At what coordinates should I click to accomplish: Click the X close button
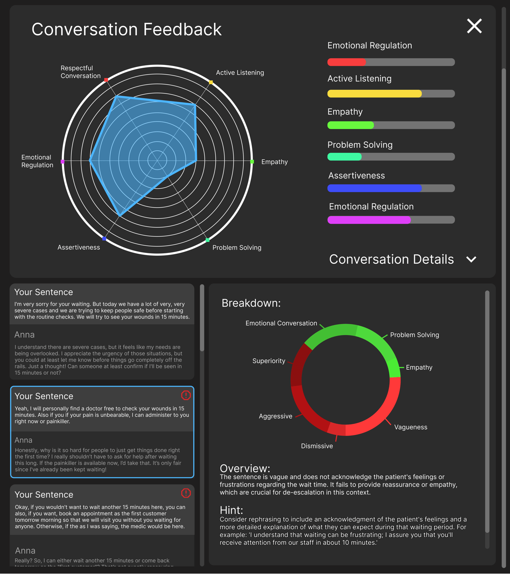(474, 26)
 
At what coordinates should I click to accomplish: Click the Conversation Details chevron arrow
(472, 259)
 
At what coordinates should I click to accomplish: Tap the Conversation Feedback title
(126, 29)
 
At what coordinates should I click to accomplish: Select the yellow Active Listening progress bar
(391, 94)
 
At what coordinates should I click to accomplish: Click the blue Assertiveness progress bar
(391, 188)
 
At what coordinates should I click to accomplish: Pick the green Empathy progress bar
(391, 125)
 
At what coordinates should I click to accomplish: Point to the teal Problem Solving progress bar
(391, 157)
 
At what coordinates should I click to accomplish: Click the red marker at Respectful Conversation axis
(106, 80)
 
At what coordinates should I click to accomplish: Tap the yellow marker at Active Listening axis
(211, 82)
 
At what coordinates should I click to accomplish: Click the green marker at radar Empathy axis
(252, 162)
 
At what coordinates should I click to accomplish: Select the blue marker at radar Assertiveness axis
(104, 239)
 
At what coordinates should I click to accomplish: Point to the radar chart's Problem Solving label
(237, 248)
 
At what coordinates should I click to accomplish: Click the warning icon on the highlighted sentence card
(186, 395)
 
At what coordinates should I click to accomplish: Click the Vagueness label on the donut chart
(411, 427)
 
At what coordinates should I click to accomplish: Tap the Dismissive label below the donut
(317, 446)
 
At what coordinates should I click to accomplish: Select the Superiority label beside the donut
(269, 361)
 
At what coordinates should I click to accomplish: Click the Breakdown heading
(251, 303)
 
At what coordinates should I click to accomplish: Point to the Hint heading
(231, 510)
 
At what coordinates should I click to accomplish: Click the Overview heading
(245, 468)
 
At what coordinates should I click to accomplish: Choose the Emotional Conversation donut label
(281, 323)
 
